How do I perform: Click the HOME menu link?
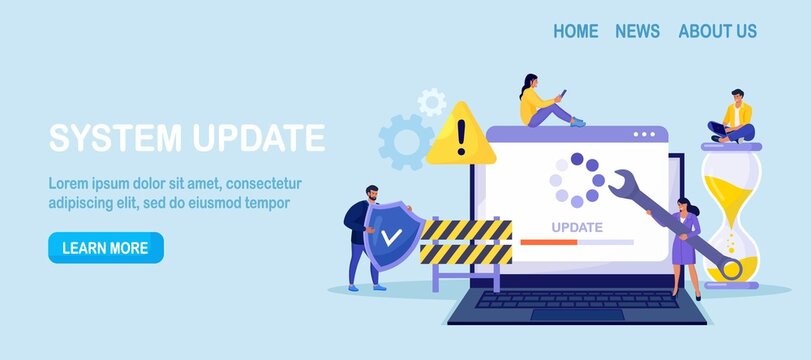tap(575, 31)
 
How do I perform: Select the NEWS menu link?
tap(637, 31)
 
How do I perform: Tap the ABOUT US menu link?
tap(717, 31)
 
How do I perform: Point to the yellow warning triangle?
tap(460, 136)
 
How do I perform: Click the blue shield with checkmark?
tap(391, 237)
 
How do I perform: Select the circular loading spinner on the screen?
tap(576, 180)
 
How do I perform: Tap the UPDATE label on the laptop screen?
tap(577, 226)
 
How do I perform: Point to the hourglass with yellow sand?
tap(731, 216)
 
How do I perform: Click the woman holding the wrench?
tap(686, 245)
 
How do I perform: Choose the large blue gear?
tap(406, 141)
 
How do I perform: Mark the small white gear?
tap(432, 101)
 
